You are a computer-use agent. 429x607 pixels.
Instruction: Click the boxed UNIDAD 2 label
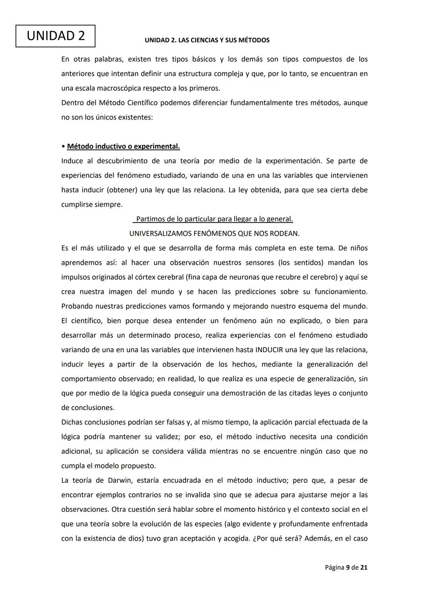(x=56, y=36)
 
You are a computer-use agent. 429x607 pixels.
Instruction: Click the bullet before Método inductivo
(x=63, y=147)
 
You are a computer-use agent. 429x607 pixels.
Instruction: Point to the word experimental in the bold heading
(x=157, y=146)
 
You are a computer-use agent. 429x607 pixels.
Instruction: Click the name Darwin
(x=120, y=480)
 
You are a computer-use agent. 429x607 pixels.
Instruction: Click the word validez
(x=166, y=437)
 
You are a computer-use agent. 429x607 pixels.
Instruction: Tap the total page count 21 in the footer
(x=364, y=568)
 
